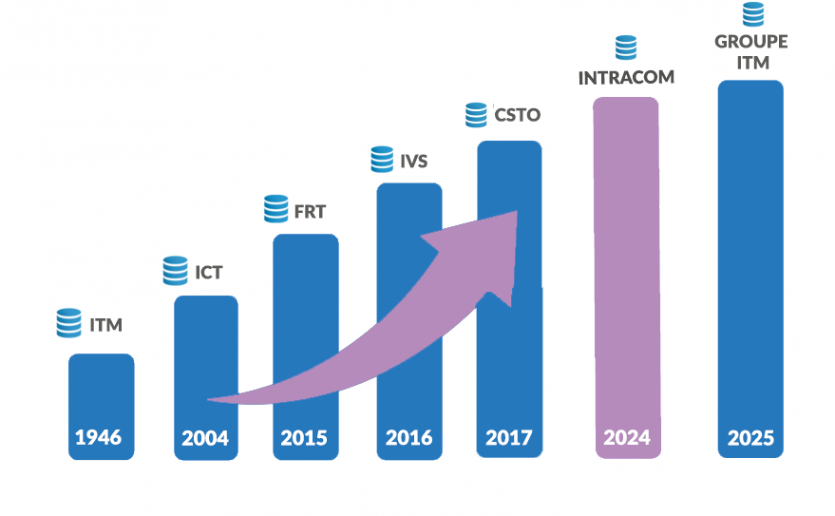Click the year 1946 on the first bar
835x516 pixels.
pos(99,438)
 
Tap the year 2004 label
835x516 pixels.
pos(206,438)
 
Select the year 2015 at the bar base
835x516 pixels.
pos(304,438)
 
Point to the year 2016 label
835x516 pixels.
pos(408,438)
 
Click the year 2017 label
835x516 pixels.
pos(509,438)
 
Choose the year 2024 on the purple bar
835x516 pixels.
pos(626,438)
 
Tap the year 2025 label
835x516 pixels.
pos(750,438)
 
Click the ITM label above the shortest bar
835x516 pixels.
pos(105,325)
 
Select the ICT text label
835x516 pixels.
pos(209,273)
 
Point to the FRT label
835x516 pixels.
pos(310,212)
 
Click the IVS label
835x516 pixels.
pos(413,161)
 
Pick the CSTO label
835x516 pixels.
pos(517,115)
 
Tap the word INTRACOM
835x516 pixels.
pos(626,77)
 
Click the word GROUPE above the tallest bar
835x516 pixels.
pos(750,43)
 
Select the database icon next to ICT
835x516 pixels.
pos(175,271)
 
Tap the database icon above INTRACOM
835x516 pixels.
pos(625,48)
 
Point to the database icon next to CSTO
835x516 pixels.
pos(476,114)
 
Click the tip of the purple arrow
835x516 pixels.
pos(516,213)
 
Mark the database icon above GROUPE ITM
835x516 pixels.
pos(752,13)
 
